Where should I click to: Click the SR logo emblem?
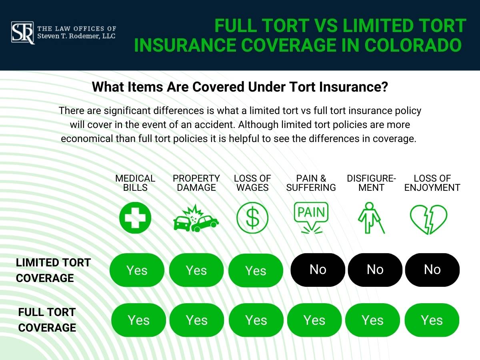click(x=23, y=33)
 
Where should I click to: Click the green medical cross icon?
click(x=135, y=218)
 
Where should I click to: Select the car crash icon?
click(x=196, y=219)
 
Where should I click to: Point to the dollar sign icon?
click(x=252, y=218)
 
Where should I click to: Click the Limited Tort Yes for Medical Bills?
click(x=137, y=270)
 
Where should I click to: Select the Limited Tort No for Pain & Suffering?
click(x=318, y=270)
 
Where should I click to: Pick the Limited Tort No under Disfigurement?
click(x=375, y=270)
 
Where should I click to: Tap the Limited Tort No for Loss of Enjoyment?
click(x=432, y=270)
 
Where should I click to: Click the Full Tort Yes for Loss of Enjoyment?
click(x=432, y=320)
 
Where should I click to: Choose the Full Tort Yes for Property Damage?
click(x=197, y=320)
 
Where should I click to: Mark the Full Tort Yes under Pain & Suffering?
click(x=314, y=320)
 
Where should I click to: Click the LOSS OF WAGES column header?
click(x=252, y=183)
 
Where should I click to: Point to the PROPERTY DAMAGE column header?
click(x=196, y=183)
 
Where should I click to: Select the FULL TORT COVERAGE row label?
click(x=47, y=320)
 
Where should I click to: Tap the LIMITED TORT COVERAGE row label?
click(x=53, y=270)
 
